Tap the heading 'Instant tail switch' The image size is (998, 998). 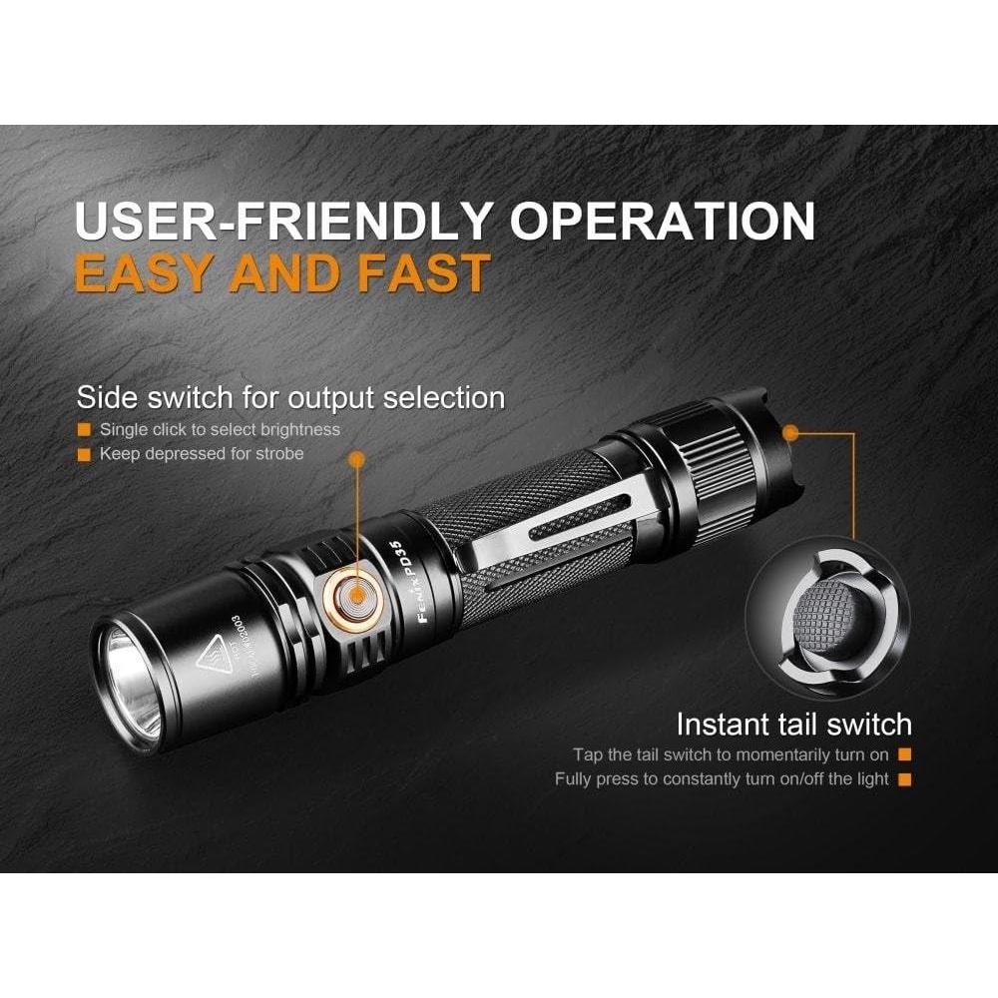793,724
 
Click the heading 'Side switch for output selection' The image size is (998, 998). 290,398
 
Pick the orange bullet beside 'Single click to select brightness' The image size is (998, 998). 85,430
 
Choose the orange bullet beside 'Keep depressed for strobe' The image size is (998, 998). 85,454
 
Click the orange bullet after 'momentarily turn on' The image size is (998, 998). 905,755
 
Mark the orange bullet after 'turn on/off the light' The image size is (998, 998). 905,779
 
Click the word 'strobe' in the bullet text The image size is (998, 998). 279,454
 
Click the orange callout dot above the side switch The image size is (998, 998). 356,458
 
